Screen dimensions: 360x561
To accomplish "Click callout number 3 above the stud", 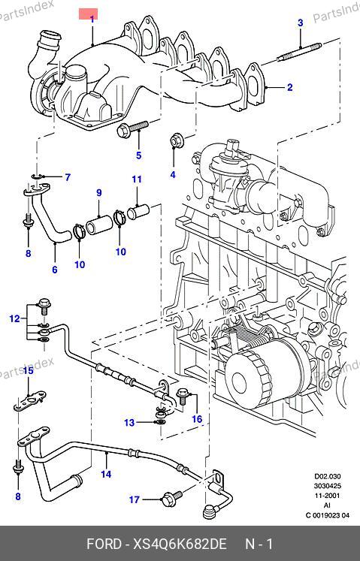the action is [x=300, y=23].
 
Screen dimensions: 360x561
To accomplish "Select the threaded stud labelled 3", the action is [x=299, y=52].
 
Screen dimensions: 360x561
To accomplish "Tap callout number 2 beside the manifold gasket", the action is [x=289, y=87].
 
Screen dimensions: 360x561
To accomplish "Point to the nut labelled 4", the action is [x=176, y=140].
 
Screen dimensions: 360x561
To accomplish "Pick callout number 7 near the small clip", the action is [x=68, y=176].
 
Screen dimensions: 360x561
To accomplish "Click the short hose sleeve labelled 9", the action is [x=99, y=225].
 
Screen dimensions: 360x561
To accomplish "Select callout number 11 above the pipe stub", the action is [x=137, y=179].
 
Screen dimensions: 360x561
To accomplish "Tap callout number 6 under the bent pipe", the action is [x=54, y=269].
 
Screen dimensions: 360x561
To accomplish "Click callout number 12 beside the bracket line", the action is [x=15, y=318].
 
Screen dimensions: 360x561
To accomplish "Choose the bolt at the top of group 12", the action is [x=44, y=306].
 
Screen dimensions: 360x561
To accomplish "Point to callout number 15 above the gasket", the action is [x=29, y=370].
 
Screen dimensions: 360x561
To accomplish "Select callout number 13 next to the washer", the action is [x=129, y=423].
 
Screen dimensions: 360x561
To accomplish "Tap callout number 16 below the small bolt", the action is [x=197, y=418].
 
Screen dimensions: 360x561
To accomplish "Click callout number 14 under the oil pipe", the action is [x=106, y=474].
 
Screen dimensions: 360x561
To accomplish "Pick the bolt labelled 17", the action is [x=172, y=498].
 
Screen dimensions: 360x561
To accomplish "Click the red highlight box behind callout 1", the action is [x=88, y=15].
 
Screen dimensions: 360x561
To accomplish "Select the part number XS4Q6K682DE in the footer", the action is [x=180, y=544].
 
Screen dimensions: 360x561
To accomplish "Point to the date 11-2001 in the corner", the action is [x=328, y=496].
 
